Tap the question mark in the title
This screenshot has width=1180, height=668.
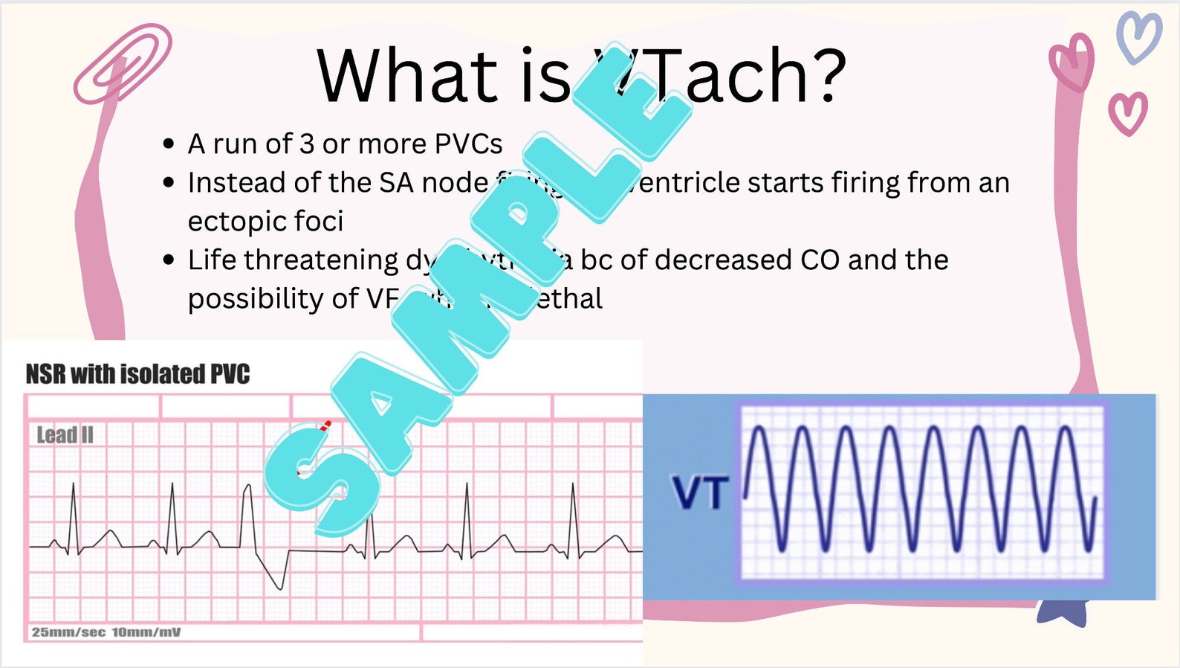(x=827, y=75)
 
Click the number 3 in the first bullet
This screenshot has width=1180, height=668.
(x=307, y=144)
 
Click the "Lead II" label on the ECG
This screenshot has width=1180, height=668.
(x=65, y=435)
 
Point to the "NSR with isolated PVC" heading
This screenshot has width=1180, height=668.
(x=137, y=373)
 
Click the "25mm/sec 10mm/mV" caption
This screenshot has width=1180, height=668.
(x=106, y=632)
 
